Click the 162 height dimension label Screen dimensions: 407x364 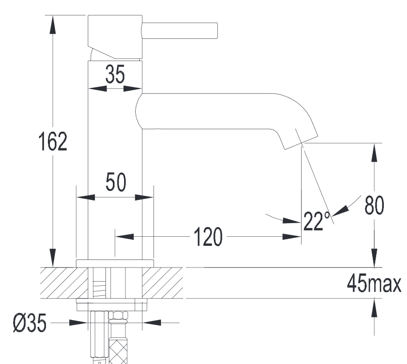(x=52, y=141)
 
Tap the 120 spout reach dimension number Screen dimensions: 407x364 (x=208, y=236)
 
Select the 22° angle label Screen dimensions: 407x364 (x=316, y=221)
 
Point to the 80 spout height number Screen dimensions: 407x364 (x=374, y=205)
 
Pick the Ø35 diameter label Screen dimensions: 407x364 (x=30, y=323)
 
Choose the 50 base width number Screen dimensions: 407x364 (x=116, y=182)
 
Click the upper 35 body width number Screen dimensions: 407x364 (x=115, y=74)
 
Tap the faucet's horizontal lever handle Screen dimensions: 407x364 (x=180, y=31)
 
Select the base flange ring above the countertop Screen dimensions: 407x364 (x=114, y=263)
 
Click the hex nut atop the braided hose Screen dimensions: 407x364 (x=118, y=316)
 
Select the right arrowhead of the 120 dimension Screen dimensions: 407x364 (x=292, y=237)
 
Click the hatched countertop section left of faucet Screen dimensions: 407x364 (x=64, y=283)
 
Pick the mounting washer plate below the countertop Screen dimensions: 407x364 (x=112, y=304)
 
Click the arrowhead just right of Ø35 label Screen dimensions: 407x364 (x=78, y=323)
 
